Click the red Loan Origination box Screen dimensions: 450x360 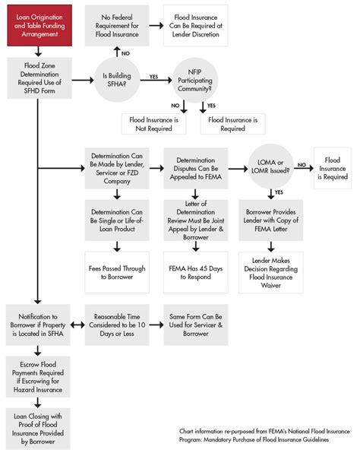click(40, 24)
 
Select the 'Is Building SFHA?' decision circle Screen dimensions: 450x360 click(117, 77)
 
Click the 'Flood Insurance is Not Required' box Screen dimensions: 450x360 click(155, 123)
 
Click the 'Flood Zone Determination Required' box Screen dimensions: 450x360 click(39, 77)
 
